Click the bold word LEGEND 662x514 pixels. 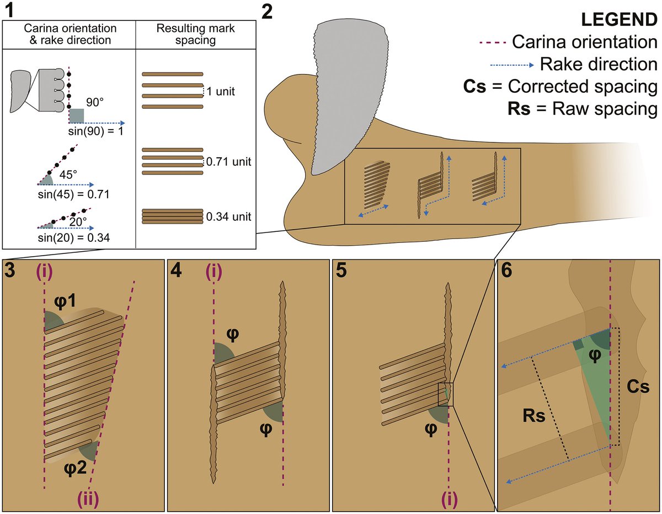pyautogui.click(x=619, y=19)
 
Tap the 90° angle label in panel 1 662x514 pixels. pyautogui.click(x=95, y=103)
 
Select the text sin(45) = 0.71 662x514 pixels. pyautogui.click(x=73, y=194)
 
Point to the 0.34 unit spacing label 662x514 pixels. pyautogui.click(x=228, y=217)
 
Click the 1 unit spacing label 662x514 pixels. pyautogui.click(x=221, y=92)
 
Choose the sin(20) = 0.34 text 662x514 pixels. pyautogui.click(x=74, y=238)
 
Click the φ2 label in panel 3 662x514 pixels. pyautogui.click(x=75, y=468)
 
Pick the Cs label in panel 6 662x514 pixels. pyautogui.click(x=638, y=387)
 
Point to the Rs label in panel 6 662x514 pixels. pyautogui.click(x=534, y=416)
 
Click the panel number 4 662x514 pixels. pyautogui.click(x=177, y=270)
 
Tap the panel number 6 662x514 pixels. pyautogui.click(x=506, y=270)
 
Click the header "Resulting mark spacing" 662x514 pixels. pyautogui.click(x=196, y=34)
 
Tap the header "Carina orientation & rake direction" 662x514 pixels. pyautogui.click(x=70, y=34)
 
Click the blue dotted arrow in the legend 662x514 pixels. pyautogui.click(x=511, y=65)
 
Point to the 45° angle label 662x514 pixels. pyautogui.click(x=68, y=174)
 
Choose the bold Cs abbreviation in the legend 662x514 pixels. pyautogui.click(x=474, y=86)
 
